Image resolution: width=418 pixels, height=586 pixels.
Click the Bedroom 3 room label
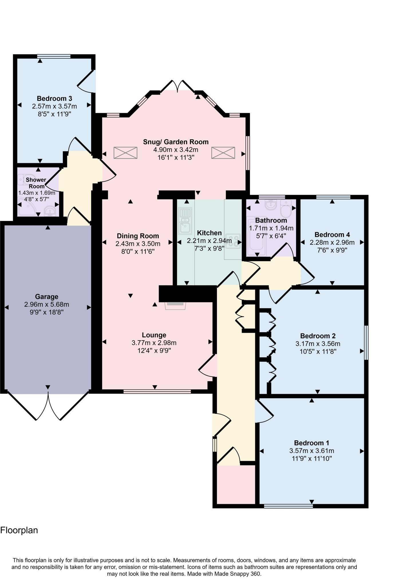click(54, 99)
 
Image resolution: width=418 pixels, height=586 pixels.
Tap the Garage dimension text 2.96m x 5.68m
click(47, 304)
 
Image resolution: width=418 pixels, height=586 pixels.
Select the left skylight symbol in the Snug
click(125, 153)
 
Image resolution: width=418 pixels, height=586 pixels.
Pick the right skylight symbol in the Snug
click(223, 153)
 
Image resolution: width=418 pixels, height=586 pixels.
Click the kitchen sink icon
click(185, 221)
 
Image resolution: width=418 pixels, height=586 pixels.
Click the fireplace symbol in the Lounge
click(175, 305)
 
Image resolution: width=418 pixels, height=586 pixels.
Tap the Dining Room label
click(138, 236)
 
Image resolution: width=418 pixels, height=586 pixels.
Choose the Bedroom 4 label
click(332, 235)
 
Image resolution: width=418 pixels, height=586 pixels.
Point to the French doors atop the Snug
click(178, 86)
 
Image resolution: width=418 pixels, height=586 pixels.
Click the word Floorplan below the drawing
click(19, 530)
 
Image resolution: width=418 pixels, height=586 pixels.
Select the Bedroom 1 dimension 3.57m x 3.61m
click(311, 451)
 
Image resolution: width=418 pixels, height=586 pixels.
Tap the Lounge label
click(154, 335)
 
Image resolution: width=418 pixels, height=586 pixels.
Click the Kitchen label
click(209, 233)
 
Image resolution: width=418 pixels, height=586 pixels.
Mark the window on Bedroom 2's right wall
click(366, 342)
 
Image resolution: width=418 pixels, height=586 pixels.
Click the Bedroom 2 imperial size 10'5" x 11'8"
click(318, 351)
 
